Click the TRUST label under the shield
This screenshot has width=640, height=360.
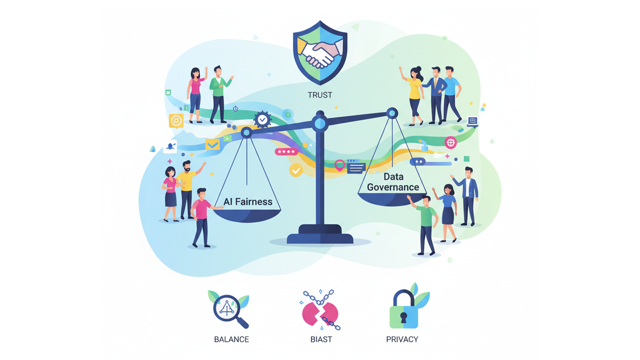tap(320, 95)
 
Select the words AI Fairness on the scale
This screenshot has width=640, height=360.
tap(248, 202)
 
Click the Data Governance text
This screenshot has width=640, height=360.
tap(393, 182)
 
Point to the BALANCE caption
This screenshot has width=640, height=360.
tap(231, 339)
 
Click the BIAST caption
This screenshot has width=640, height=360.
tap(321, 339)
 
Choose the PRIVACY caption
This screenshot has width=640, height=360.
tap(402, 339)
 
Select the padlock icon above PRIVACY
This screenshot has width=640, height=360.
tap(404, 310)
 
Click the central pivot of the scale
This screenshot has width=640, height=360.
tap(320, 124)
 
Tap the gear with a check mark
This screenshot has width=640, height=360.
tap(262, 119)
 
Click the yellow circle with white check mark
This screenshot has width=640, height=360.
tap(296, 171)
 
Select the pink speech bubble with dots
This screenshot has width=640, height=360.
tap(286, 152)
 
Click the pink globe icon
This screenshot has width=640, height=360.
tap(451, 142)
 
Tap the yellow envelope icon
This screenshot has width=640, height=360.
tap(212, 144)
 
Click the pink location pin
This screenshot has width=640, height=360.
tap(340, 164)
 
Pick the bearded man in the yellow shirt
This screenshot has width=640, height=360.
tap(186, 188)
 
